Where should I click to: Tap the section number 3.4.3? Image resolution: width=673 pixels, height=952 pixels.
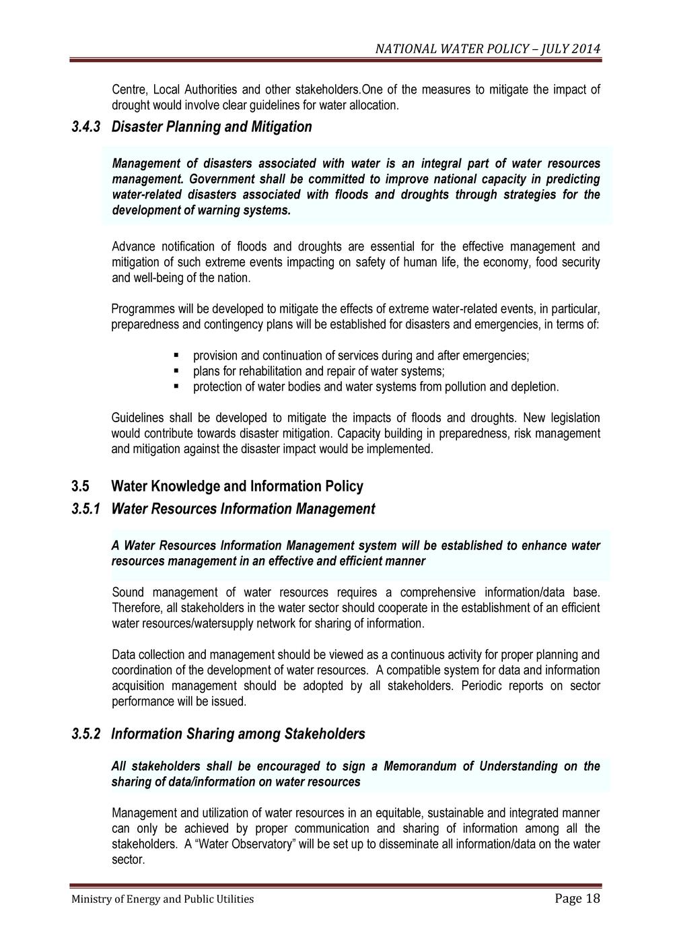(86, 127)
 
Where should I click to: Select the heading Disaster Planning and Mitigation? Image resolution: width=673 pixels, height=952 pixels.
(211, 127)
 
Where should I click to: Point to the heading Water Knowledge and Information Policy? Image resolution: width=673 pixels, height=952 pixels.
(237, 486)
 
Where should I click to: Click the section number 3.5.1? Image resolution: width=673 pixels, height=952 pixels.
(86, 509)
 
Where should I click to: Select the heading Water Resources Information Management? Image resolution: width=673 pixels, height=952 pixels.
(243, 509)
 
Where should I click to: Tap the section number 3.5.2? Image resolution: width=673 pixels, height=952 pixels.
(86, 734)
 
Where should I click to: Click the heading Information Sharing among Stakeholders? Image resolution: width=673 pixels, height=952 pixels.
(238, 734)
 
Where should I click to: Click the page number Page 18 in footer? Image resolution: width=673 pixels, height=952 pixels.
(577, 898)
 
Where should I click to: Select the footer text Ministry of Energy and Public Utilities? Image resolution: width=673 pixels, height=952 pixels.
(163, 899)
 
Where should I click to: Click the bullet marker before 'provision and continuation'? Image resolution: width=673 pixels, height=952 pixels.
(176, 355)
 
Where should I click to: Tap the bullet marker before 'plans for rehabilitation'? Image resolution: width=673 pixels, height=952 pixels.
(176, 370)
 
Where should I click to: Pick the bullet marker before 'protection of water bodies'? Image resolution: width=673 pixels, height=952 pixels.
(176, 386)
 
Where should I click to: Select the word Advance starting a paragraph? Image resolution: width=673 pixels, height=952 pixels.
(133, 246)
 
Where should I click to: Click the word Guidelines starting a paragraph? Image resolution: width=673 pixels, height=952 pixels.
(137, 418)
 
